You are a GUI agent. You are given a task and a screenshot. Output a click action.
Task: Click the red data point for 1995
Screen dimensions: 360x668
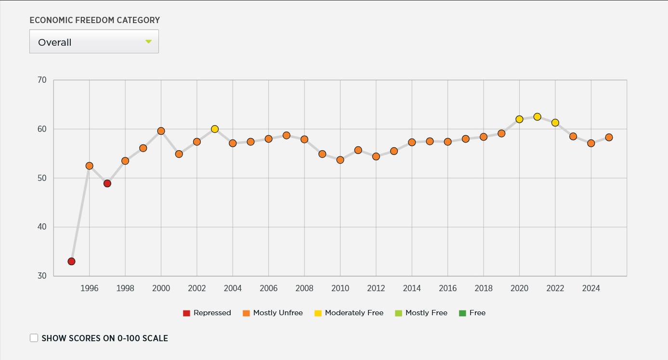71,261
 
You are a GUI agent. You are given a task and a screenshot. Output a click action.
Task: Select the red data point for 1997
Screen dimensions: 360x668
107,183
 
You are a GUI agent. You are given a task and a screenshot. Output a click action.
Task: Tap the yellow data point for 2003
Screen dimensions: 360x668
215,129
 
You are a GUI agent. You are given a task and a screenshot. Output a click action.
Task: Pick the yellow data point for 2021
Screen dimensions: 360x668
537,117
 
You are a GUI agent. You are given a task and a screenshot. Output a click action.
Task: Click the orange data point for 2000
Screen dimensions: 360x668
161,131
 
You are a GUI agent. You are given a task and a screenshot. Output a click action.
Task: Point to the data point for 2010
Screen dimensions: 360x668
340,160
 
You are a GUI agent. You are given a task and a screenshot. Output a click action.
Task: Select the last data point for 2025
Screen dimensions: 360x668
609,137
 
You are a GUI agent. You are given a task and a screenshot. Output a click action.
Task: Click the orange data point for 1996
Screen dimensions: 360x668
89,166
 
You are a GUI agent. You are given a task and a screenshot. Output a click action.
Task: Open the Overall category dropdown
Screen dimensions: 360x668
94,42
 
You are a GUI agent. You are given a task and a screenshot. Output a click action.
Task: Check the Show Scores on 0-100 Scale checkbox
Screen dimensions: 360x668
34,338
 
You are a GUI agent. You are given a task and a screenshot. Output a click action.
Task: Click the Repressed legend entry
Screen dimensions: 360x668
207,313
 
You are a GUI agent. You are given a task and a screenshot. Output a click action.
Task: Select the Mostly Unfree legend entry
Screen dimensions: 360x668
273,313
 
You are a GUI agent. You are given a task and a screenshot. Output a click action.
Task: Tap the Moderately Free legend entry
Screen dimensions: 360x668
349,313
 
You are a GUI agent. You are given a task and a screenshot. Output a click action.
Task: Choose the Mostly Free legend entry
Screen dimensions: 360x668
421,313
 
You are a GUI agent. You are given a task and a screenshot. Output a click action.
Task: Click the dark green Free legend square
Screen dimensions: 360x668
462,313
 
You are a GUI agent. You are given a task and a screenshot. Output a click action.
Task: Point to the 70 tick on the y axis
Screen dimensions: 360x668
42,80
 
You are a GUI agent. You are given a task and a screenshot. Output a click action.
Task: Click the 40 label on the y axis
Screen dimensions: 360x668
42,227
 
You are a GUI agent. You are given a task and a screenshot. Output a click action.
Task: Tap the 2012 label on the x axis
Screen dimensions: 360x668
376,288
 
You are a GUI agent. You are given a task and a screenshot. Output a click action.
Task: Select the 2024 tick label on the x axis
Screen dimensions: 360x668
591,288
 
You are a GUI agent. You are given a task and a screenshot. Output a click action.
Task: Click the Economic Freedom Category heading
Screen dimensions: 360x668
94,20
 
